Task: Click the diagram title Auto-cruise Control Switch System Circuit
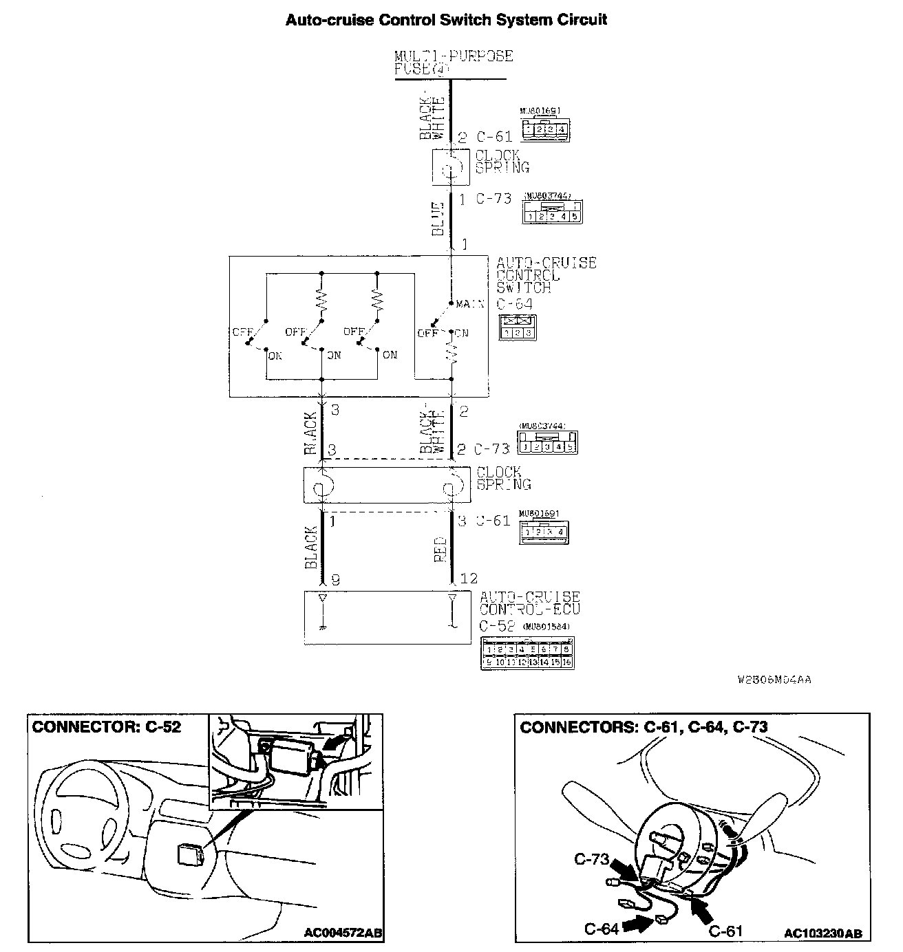pos(446,20)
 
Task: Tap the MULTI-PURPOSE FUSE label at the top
pos(454,63)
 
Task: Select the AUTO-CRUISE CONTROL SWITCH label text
pos(546,274)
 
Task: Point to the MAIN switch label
pos(470,304)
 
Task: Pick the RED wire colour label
pos(440,550)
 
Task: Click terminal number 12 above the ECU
pos(468,579)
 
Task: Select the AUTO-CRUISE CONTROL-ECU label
pos(529,603)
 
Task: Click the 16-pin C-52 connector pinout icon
pos(527,652)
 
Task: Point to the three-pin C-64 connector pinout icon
pos(518,327)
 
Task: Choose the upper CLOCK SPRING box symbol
pos(451,167)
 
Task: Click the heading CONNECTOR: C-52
pos(107,726)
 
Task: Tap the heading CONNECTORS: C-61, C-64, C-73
pos(644,727)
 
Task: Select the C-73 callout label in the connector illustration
pos(591,859)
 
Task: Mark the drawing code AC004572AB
pos(343,933)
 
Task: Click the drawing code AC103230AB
pos(822,933)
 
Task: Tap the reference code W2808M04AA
pos(774,680)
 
